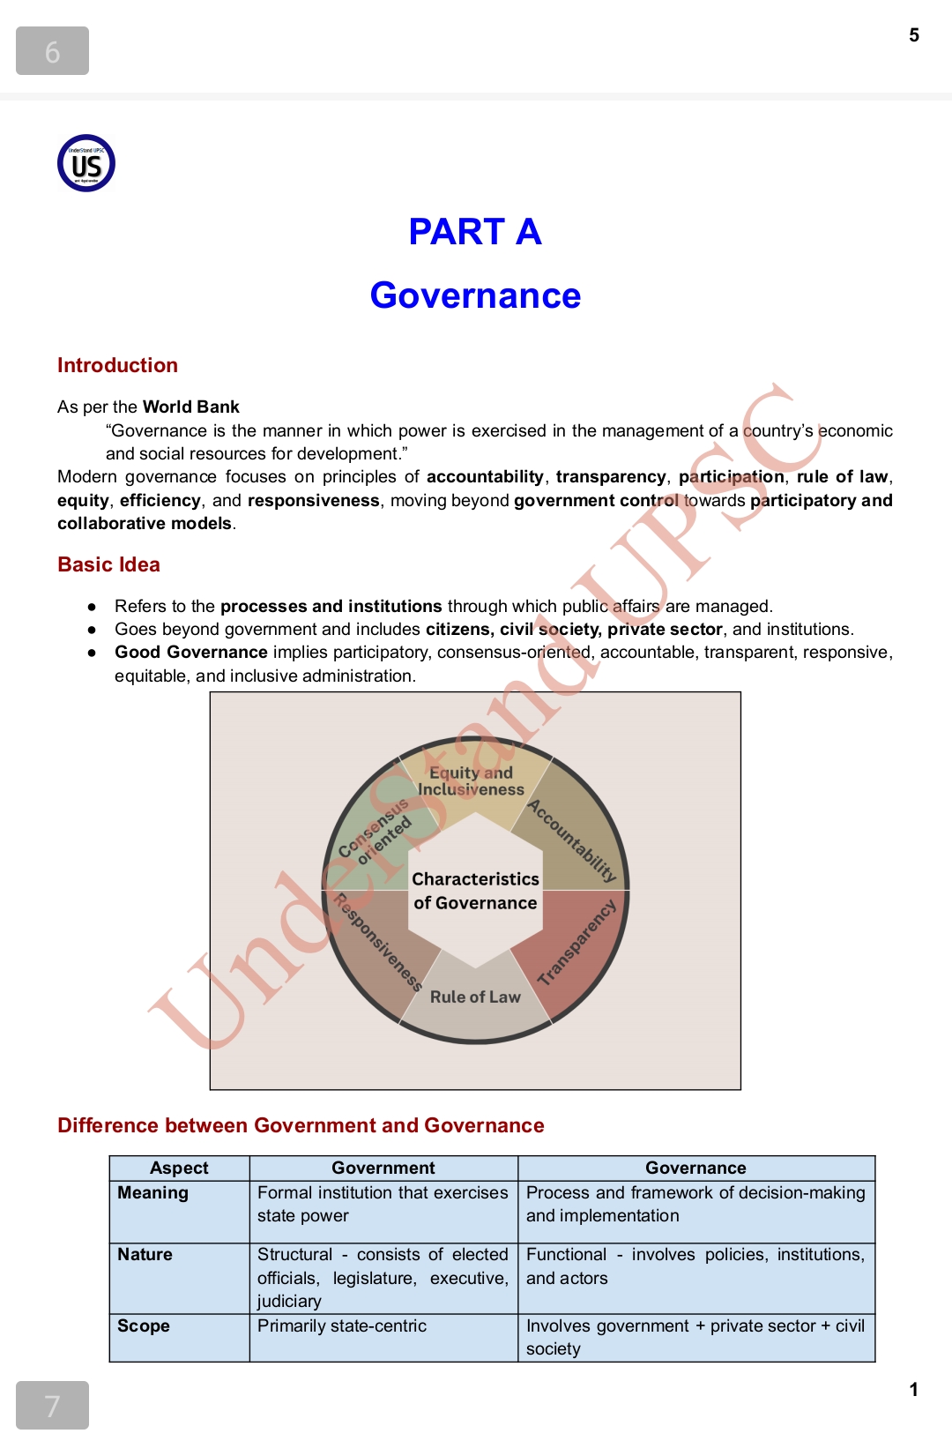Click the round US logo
pos(86,163)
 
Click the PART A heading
pos(475,232)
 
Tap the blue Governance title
pos(475,295)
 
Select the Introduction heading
pos(117,365)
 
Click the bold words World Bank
pos(191,407)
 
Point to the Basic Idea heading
pos(108,564)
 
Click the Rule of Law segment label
pos(475,997)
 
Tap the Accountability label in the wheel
pos(572,840)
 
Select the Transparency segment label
pos(576,943)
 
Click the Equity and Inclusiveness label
pos(471,781)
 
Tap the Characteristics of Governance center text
pos(475,891)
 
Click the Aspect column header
pos(179,1168)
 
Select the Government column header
pos(383,1168)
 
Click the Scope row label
pos(143,1325)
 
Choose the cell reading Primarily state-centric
pos(342,1325)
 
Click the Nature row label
pos(145,1254)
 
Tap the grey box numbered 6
pos(52,51)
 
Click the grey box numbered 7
pos(52,1405)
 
